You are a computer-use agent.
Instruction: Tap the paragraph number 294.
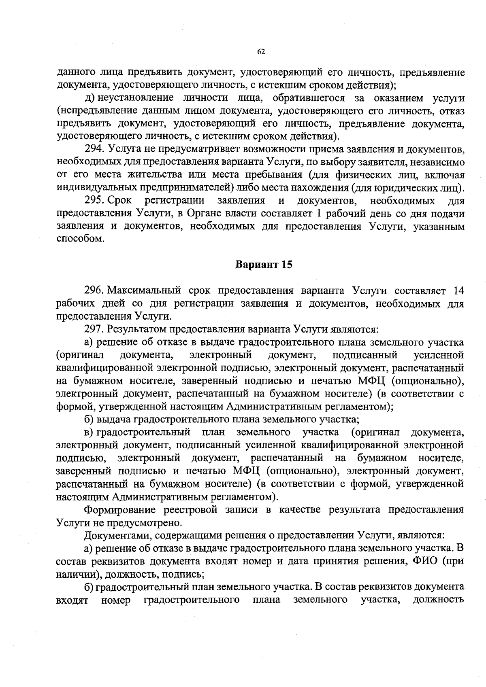(x=95, y=149)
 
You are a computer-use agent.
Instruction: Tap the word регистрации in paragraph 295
(x=175, y=201)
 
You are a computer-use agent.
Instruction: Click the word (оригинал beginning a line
(x=79, y=355)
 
